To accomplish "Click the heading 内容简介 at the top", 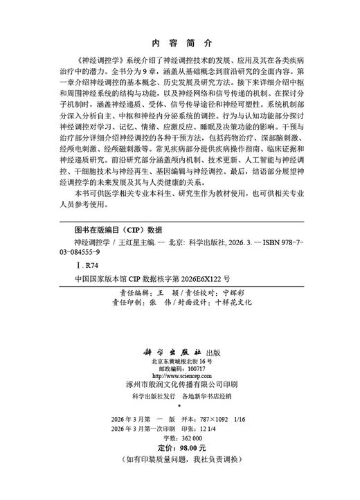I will [x=179, y=41].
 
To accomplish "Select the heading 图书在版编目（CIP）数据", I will [x=118, y=228].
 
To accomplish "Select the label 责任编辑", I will [x=127, y=292].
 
